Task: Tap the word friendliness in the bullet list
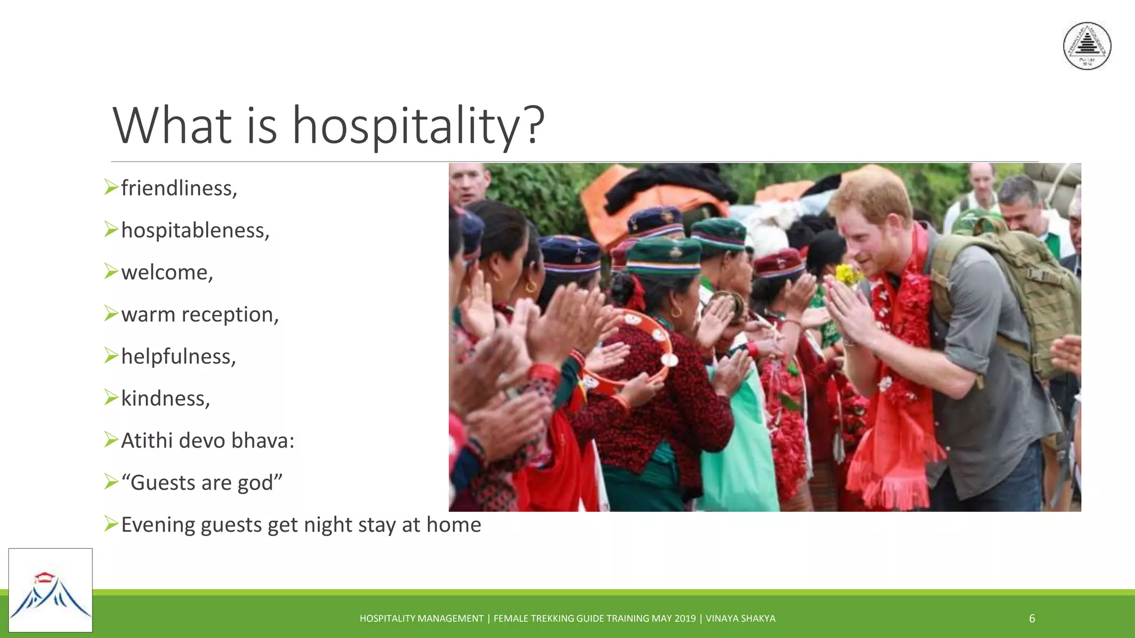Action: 178,188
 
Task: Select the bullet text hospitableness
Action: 195,230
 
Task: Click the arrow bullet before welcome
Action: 111,271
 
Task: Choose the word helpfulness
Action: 178,357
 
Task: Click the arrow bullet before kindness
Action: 111,398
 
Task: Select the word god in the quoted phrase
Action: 255,483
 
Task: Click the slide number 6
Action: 1032,619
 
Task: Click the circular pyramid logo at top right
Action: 1087,46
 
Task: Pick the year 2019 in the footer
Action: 685,619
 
